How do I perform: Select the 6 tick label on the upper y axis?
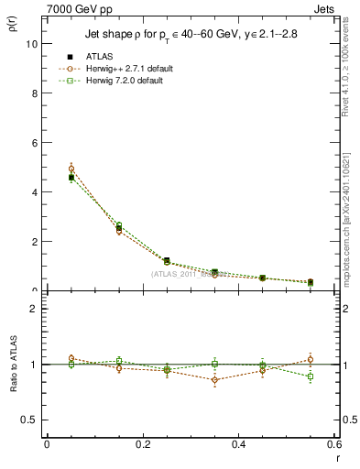coord(35,143)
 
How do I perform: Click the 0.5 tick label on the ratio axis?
coord(30,420)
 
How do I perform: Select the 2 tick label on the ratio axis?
coord(35,309)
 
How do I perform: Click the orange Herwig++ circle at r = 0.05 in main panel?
coord(71,169)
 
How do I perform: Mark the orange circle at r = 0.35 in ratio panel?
coord(214,379)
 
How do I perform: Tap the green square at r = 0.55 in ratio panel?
coord(311,376)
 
